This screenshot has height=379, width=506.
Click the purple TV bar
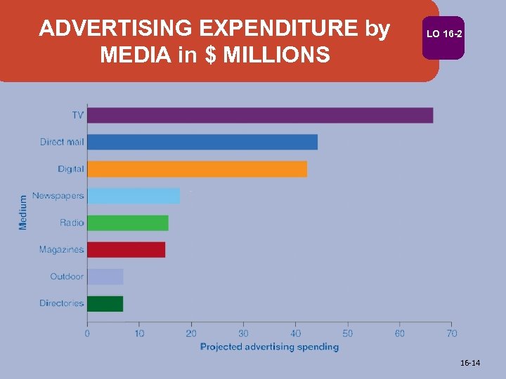[260, 115]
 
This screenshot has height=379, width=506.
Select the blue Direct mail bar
[202, 142]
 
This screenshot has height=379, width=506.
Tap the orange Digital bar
[197, 169]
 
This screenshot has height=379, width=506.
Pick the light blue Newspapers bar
[134, 196]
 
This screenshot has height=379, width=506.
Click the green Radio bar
[128, 223]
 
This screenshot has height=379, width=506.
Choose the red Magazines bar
[126, 250]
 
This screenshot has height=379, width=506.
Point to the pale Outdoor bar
[105, 277]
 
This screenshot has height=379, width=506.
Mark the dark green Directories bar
[105, 304]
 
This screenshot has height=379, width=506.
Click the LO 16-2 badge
[443, 34]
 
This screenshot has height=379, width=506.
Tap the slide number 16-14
[470, 363]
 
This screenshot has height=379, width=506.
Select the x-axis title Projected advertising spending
[269, 347]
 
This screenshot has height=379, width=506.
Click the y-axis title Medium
[23, 211]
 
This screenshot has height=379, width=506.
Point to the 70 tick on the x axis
[452, 333]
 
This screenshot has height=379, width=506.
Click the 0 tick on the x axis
[87, 333]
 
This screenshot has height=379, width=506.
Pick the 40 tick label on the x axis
[295, 333]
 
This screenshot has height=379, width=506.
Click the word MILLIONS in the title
[277, 54]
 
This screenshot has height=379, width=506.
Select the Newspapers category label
[58, 196]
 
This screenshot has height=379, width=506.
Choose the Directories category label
[61, 304]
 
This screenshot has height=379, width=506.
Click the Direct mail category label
[62, 142]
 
